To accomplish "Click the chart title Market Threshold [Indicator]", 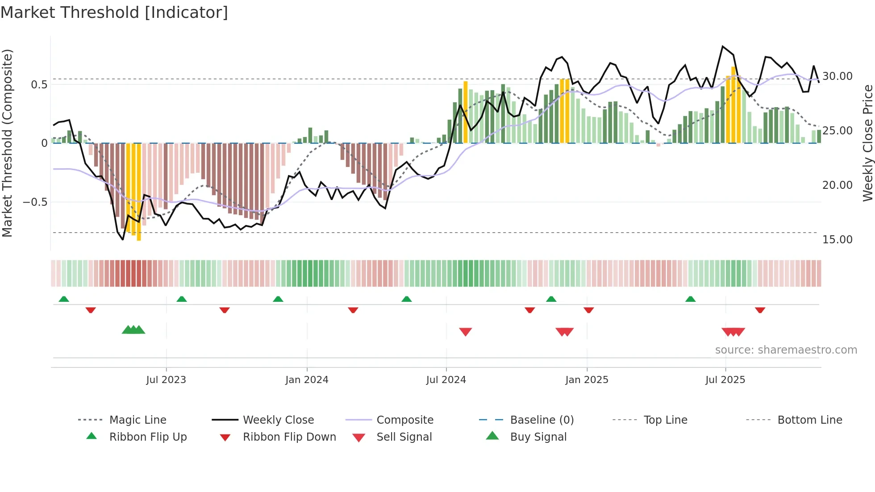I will point(114,13).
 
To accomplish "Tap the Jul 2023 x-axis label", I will point(166,380).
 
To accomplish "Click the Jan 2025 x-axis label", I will point(587,380).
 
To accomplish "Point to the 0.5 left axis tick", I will point(39,85).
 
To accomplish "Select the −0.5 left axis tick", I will point(36,202).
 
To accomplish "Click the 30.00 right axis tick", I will point(837,76).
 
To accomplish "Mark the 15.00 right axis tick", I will point(837,240).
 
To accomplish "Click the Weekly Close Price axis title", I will point(867,143).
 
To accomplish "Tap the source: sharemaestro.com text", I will point(786,350).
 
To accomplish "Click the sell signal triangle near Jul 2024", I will point(465,332).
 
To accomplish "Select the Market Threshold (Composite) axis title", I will point(8,143).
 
